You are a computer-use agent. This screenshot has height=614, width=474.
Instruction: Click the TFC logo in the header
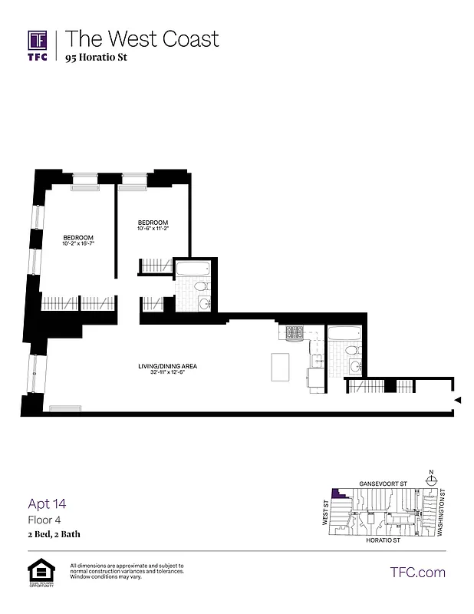(x=38, y=44)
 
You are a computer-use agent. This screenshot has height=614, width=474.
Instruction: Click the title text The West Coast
(x=142, y=39)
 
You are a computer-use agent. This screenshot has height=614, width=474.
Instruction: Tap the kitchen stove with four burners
(x=295, y=333)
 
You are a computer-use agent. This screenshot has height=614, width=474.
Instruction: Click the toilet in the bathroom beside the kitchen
(x=351, y=351)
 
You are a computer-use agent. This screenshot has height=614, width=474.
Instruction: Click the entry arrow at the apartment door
(x=457, y=401)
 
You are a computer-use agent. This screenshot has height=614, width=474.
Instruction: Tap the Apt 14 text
(x=47, y=504)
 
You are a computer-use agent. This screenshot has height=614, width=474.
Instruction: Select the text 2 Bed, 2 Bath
(x=54, y=533)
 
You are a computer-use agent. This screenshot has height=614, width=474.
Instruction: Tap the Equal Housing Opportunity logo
(x=40, y=573)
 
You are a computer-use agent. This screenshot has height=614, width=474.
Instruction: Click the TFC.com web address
(x=417, y=572)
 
